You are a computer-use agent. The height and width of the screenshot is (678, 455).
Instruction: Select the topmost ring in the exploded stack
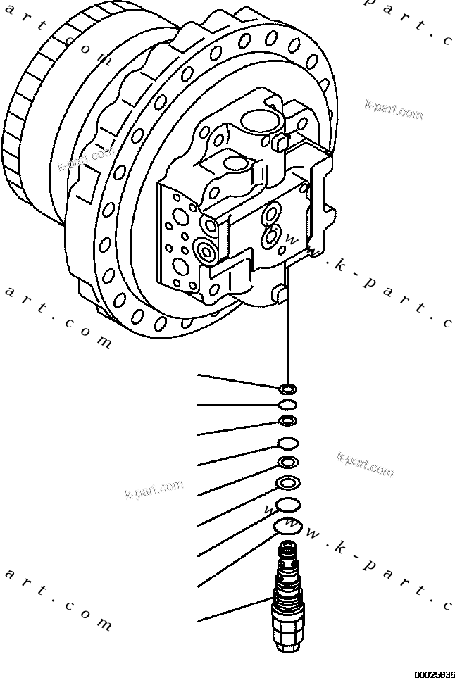287,388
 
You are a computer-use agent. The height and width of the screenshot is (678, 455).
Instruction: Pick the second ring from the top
287,405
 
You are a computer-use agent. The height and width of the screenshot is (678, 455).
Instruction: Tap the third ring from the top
287,421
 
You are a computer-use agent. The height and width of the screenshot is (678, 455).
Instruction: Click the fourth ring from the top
287,443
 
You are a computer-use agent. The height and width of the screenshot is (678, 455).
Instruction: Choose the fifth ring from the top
287,463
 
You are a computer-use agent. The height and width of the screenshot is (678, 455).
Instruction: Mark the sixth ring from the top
287,483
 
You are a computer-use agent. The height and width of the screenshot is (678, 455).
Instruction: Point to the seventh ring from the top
287,505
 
